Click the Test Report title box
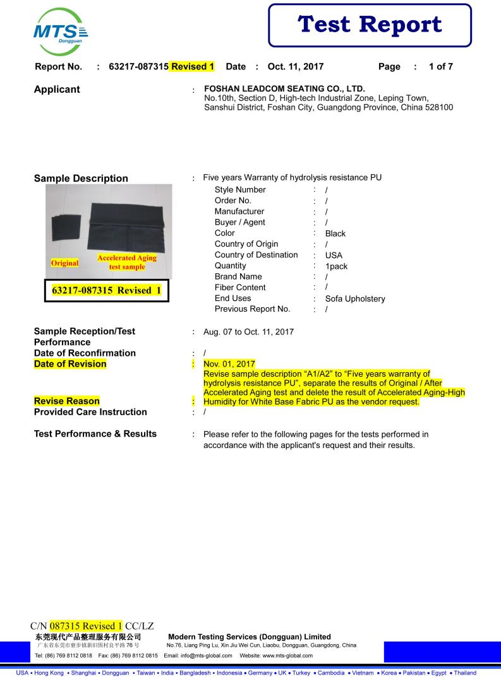coord(370,25)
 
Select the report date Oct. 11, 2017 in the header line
coord(296,66)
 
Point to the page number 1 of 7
coord(440,66)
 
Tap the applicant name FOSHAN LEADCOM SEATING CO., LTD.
coord(285,89)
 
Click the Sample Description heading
coord(81,179)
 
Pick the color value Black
coord(335,233)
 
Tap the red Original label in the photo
coord(63,262)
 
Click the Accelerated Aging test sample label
coord(126,262)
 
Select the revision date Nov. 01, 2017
coord(229,364)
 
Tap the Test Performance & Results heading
coord(95,434)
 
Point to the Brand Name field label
coord(238,276)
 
